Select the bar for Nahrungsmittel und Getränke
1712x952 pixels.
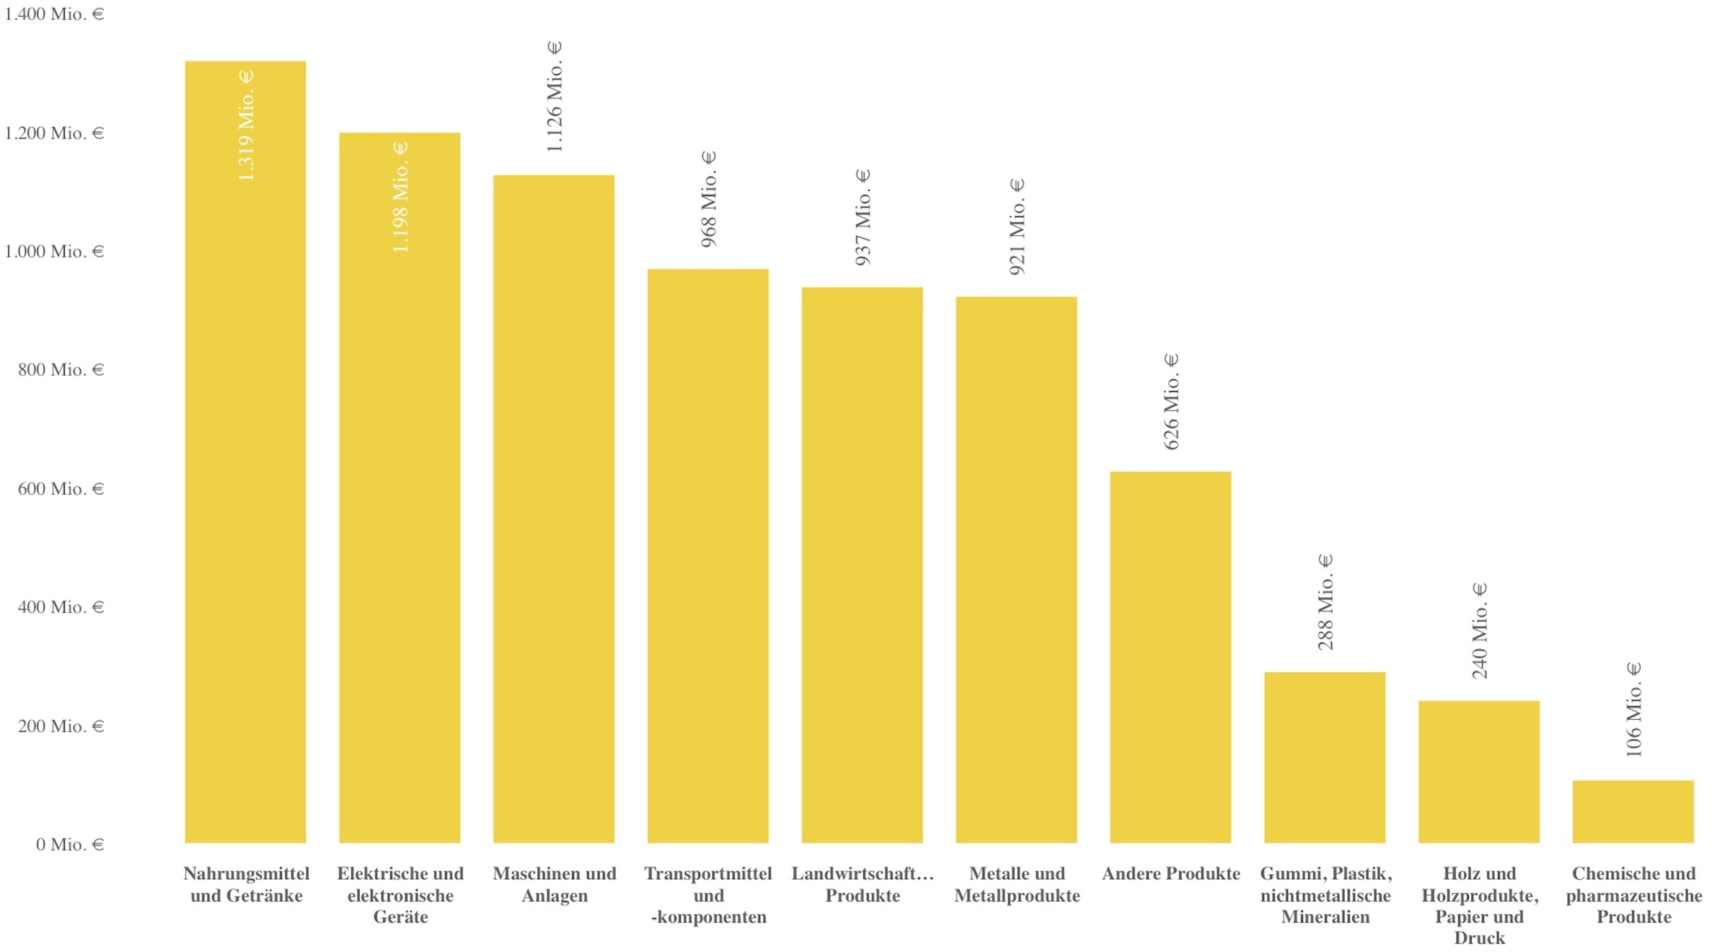(245, 451)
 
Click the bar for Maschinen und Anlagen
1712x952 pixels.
(554, 509)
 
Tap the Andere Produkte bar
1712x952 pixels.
(1170, 657)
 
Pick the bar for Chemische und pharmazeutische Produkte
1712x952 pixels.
(1633, 811)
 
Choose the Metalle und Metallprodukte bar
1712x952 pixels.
(1016, 570)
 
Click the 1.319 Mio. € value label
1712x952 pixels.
(246, 125)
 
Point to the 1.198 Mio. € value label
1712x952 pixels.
(400, 197)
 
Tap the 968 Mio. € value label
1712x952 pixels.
(709, 199)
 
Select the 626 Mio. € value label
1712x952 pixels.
(1171, 402)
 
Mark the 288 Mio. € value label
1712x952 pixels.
(1325, 602)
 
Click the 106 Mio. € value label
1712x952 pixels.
(1633, 710)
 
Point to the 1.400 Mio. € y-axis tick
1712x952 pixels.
(54, 14)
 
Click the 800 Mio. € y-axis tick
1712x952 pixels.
(61, 370)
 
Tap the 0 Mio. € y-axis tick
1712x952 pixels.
(70, 845)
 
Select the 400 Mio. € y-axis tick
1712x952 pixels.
(61, 607)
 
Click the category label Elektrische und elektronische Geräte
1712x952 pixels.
(400, 895)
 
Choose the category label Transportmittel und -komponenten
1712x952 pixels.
(708, 895)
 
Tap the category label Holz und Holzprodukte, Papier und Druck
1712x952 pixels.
(1480, 906)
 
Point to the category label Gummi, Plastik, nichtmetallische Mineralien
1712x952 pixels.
(1325, 895)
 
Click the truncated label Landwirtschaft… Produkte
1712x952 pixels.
(862, 884)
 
